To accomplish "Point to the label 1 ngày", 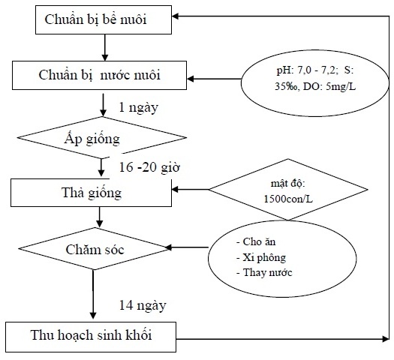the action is [x=138, y=108].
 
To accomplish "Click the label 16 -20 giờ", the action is [x=149, y=167].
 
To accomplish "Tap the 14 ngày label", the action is [x=143, y=306].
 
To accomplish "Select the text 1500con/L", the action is [x=288, y=199].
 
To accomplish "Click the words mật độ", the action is [x=288, y=184].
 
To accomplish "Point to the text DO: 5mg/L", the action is [x=329, y=86].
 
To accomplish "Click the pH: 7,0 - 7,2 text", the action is [x=305, y=70].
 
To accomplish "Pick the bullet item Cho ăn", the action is [x=256, y=241].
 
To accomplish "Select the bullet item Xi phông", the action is [x=261, y=258].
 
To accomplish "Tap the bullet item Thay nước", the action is [x=264, y=273].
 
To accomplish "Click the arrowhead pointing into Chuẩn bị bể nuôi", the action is [x=175, y=16].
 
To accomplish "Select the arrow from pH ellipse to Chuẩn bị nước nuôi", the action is [x=214, y=79].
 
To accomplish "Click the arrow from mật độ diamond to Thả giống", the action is [x=190, y=189].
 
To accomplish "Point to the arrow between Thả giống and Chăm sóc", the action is [x=100, y=217].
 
